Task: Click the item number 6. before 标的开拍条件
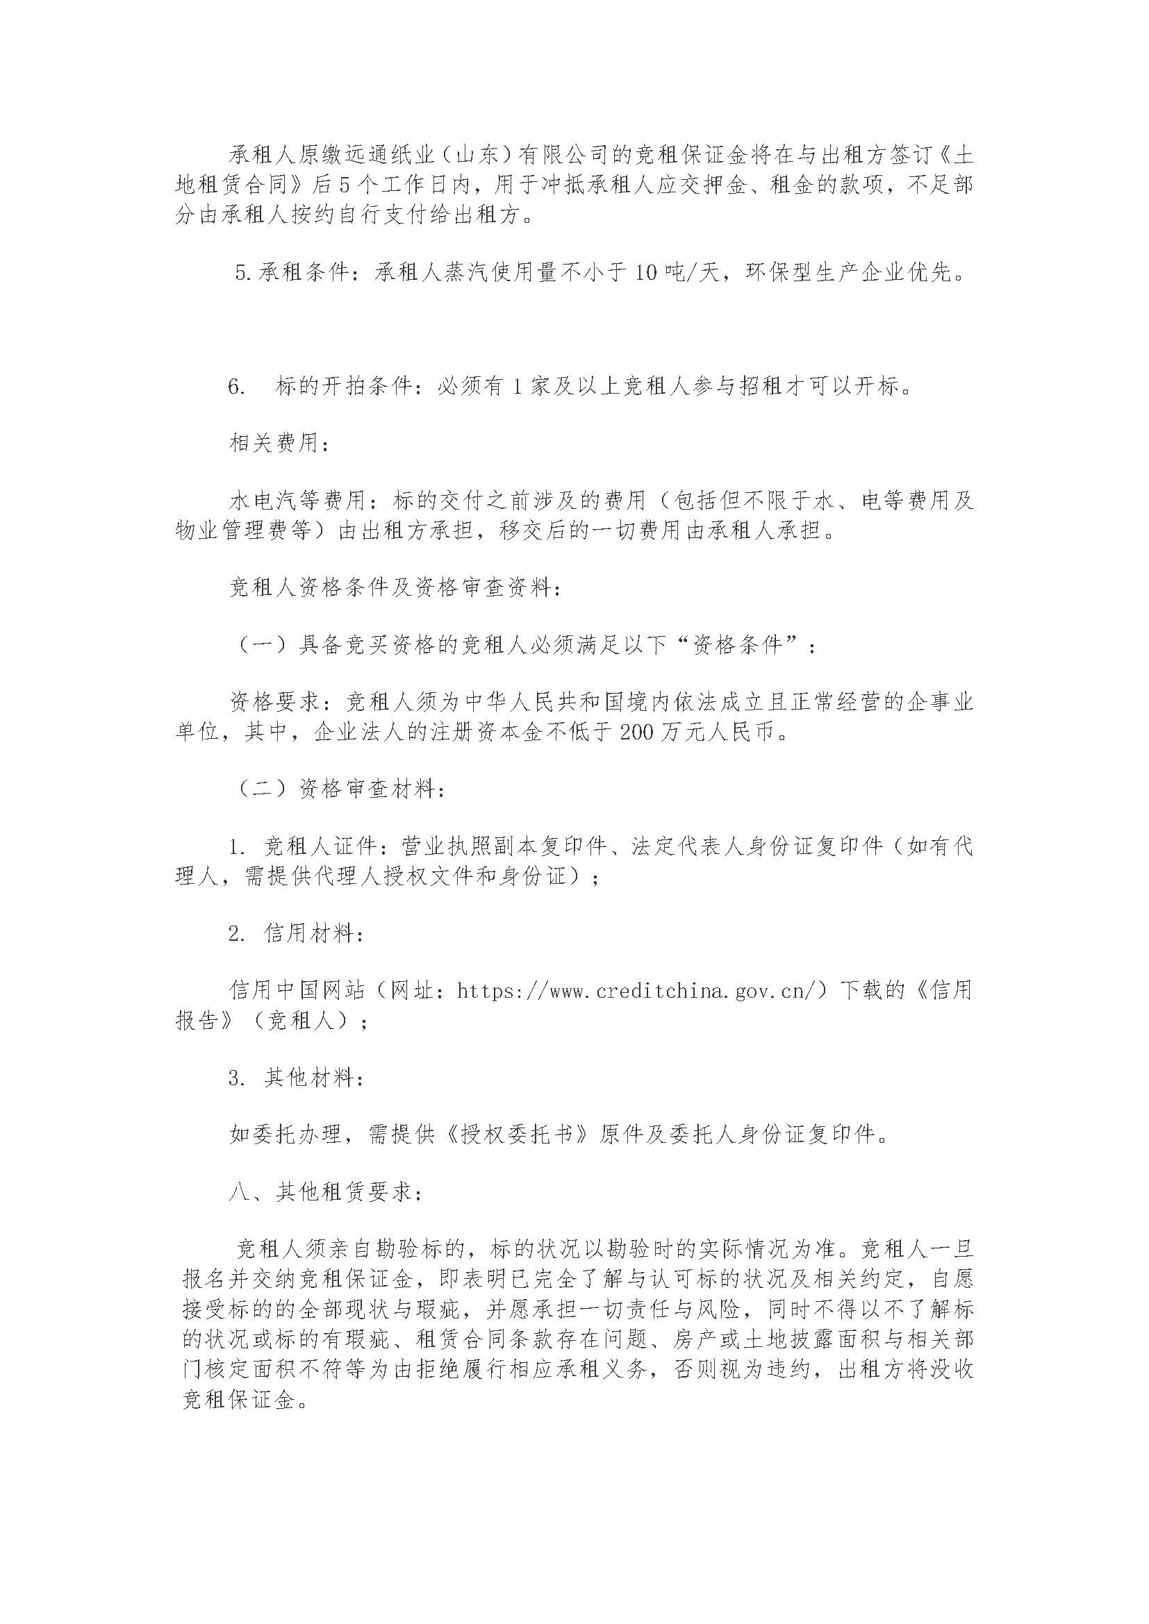click(237, 387)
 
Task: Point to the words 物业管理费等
click(243, 531)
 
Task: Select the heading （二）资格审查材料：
click(339, 789)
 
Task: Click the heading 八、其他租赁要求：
click(327, 1192)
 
